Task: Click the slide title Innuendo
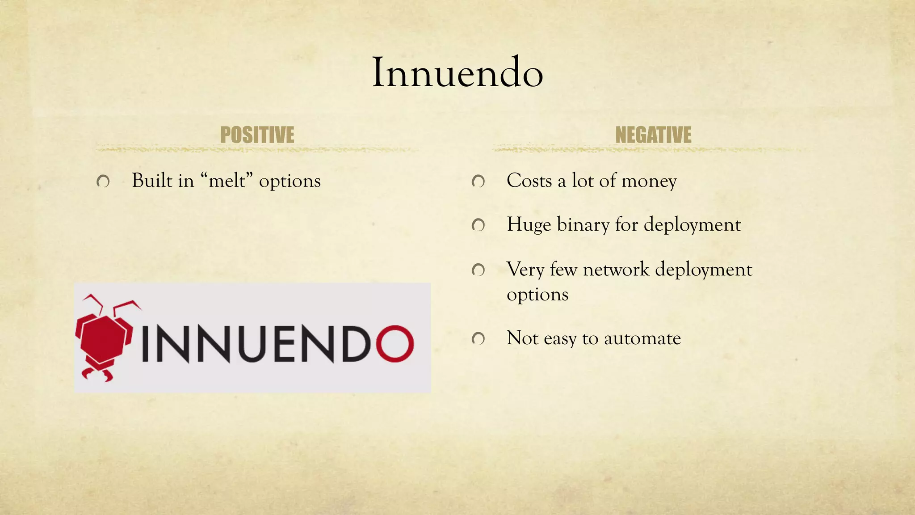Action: click(x=457, y=72)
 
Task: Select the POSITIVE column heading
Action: click(x=257, y=135)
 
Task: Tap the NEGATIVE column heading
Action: click(x=653, y=135)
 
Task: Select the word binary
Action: click(x=583, y=225)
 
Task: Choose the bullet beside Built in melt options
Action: click(x=103, y=182)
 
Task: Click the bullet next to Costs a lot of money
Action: click(x=478, y=182)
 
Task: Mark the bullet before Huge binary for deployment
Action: click(x=478, y=225)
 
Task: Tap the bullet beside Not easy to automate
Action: click(x=478, y=339)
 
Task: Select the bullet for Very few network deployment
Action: click(x=478, y=270)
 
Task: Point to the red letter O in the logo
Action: click(x=395, y=343)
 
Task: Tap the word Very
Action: click(x=525, y=270)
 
